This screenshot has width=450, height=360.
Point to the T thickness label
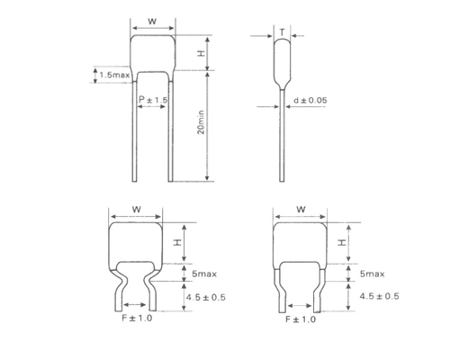283,33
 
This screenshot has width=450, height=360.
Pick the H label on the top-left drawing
202,54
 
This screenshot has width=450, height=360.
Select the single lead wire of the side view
283,135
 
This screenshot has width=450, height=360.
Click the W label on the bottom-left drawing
136,209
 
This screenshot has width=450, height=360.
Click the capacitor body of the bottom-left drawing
136,243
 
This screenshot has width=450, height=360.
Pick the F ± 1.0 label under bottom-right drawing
300,321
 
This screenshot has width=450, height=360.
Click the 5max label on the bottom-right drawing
372,273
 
